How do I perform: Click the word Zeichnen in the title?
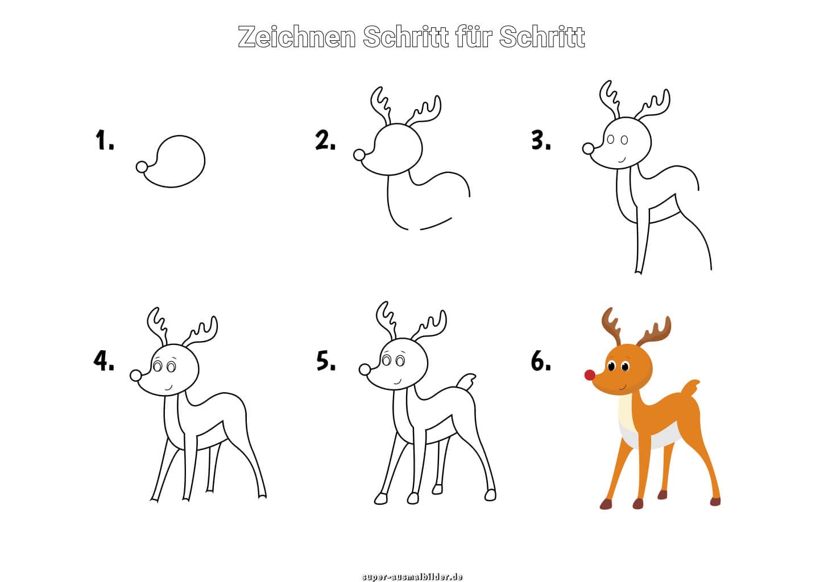coord(296,37)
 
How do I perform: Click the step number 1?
coord(105,140)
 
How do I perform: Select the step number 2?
coord(325,140)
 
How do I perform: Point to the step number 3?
coord(541,140)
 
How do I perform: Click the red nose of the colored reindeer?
coord(590,375)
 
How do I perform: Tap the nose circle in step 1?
coord(142,167)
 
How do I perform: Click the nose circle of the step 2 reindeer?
coord(359,155)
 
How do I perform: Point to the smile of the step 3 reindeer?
coord(622,160)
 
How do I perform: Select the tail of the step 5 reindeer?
coord(466,383)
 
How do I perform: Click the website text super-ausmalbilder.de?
coord(412,576)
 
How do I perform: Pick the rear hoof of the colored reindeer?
coord(715,501)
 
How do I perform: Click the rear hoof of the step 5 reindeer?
coord(490,495)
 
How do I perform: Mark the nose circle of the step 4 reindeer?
coord(136,375)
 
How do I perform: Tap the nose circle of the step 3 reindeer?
coord(588,148)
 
